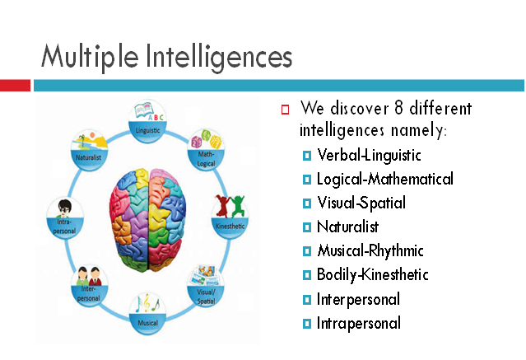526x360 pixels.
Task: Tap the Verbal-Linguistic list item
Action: [x=369, y=155]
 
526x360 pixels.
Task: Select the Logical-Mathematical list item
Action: [x=384, y=179]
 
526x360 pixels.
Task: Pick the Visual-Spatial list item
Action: [x=361, y=203]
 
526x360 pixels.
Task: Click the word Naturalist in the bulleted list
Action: [x=347, y=227]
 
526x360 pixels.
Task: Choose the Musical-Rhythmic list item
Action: [x=369, y=250]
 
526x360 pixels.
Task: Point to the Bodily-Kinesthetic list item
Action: [x=372, y=274]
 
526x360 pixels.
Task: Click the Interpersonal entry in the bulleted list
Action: [x=358, y=298]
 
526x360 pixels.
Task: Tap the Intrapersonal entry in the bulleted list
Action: [x=359, y=322]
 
